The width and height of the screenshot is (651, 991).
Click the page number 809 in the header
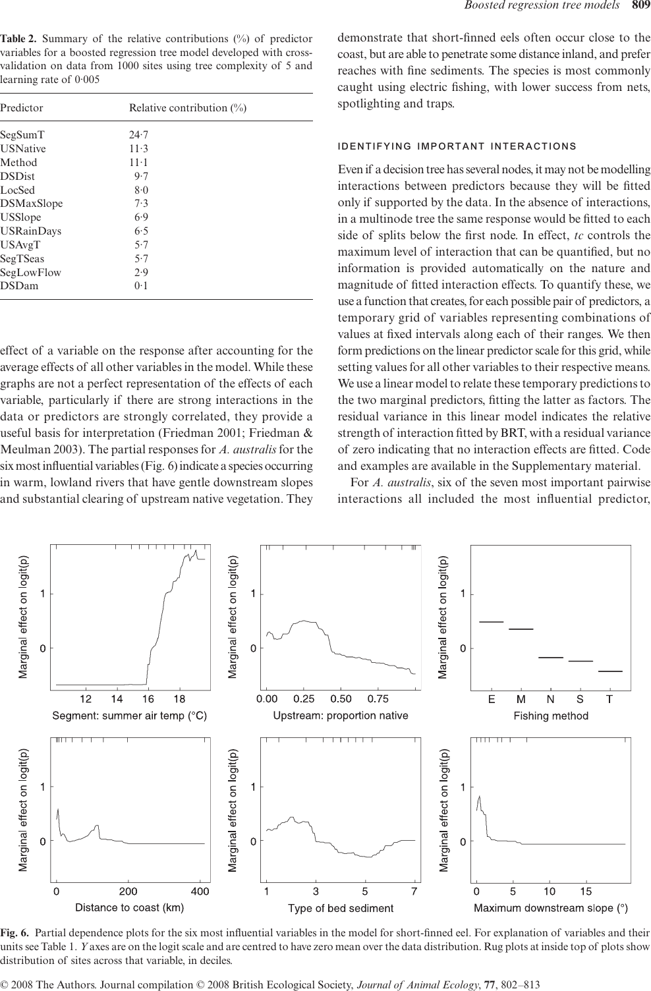[640, 7]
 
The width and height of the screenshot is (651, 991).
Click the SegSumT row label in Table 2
[22, 134]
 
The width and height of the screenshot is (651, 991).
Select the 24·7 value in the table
[138, 134]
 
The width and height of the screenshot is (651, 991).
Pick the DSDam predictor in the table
[19, 285]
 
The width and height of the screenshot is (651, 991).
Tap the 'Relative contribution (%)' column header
[188, 108]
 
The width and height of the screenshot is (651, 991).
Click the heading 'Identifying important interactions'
[457, 146]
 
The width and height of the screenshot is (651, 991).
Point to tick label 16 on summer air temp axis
[148, 699]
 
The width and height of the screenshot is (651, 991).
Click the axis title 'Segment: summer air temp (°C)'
[130, 716]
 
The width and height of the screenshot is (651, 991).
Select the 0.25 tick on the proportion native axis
[304, 699]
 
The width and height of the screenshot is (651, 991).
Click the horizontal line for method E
[491, 621]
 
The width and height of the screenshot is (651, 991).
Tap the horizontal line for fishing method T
[610, 671]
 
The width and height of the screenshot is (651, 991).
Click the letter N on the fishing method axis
[551, 699]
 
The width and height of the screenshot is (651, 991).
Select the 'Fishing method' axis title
[551, 716]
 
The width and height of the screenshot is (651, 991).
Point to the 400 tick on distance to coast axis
[200, 892]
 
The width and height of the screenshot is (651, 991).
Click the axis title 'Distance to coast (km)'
[130, 908]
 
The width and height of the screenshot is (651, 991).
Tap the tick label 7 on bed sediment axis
[414, 892]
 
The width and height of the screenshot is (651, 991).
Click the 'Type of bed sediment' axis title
[341, 909]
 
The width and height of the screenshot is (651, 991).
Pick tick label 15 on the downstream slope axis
[586, 892]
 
